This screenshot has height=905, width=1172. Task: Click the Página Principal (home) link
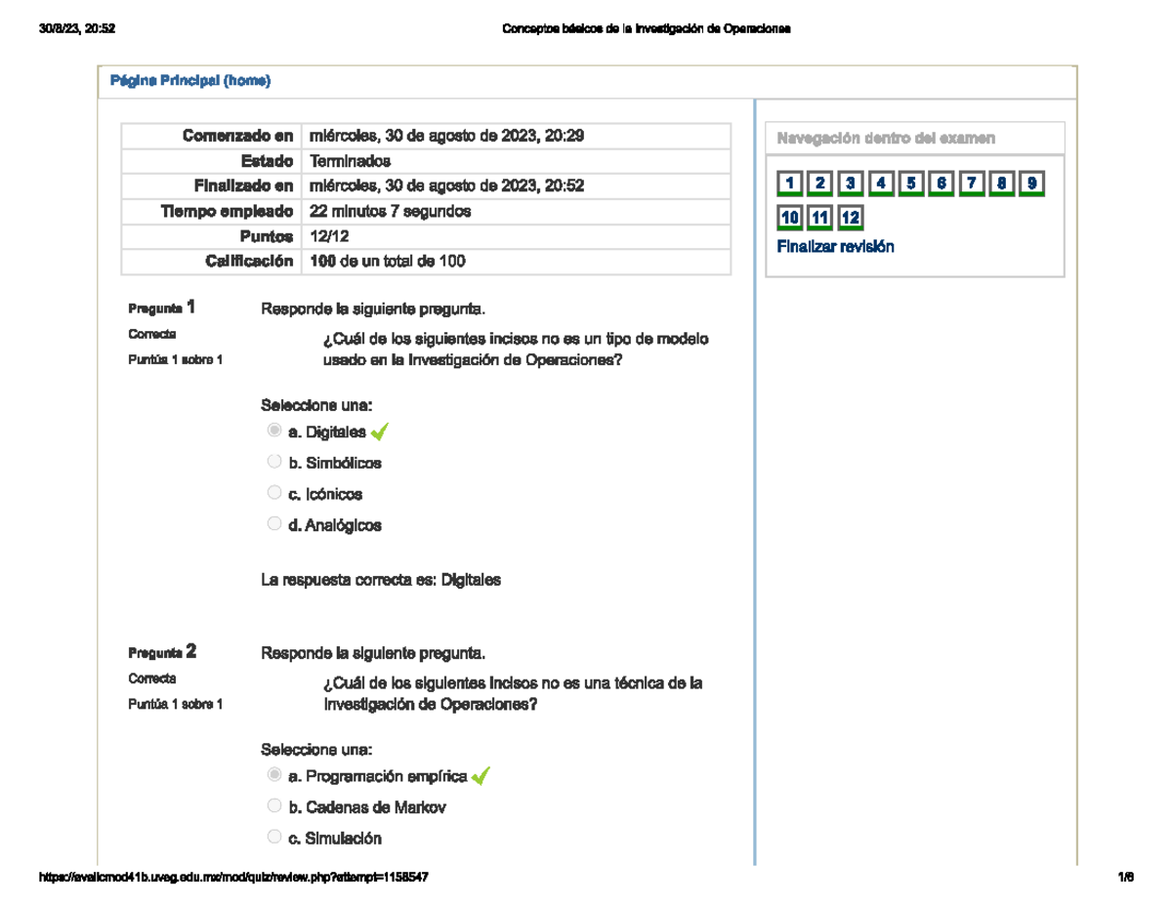(x=189, y=81)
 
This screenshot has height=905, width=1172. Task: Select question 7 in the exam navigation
(x=972, y=184)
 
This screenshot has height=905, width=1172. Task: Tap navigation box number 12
(x=851, y=218)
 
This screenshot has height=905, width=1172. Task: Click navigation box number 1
(x=789, y=184)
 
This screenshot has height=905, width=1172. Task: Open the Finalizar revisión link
(x=835, y=247)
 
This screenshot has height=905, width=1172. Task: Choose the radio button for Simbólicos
(x=274, y=462)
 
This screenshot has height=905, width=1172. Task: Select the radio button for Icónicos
(x=274, y=493)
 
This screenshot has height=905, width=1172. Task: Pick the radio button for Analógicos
(x=274, y=524)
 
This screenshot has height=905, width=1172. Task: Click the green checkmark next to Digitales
(x=380, y=432)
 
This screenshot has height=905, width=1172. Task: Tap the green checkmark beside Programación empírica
(x=480, y=776)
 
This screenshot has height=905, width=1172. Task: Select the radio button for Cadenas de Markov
(x=274, y=806)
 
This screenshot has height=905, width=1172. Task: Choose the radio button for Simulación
(x=274, y=838)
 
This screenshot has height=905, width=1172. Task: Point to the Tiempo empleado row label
(x=227, y=211)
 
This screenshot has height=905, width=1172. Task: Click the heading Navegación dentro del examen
(x=886, y=139)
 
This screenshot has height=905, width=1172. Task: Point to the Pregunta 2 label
(x=162, y=652)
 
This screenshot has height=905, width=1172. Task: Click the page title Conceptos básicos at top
(x=646, y=29)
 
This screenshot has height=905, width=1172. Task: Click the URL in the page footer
(x=232, y=878)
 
